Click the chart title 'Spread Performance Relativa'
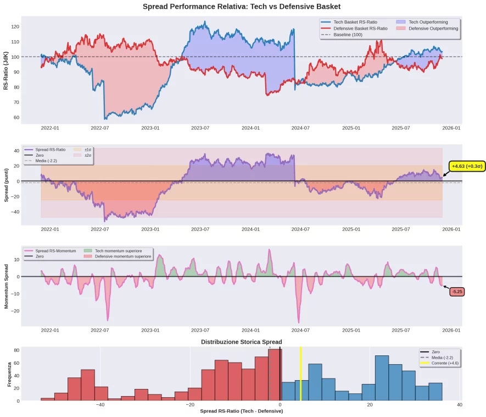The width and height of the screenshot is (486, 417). click(242, 7)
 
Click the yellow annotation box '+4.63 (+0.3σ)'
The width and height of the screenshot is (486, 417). click(467, 166)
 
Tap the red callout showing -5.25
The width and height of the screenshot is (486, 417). click(457, 292)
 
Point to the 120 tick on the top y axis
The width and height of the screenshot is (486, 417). click(15, 26)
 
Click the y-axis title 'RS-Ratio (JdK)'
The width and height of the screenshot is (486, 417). click(6, 70)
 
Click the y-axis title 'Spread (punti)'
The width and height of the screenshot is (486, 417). click(6, 185)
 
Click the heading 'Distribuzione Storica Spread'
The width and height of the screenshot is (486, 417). click(242, 342)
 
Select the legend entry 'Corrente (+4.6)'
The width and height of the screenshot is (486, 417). click(444, 364)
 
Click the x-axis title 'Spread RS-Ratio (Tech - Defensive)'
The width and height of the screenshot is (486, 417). click(242, 411)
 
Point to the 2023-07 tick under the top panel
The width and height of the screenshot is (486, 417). click(200, 128)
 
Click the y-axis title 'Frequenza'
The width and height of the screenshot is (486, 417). click(9, 374)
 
